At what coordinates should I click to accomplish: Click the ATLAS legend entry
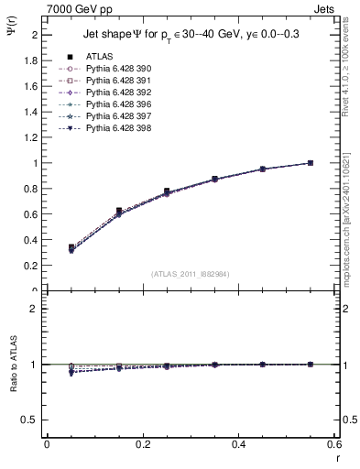pyautogui.click(x=99, y=57)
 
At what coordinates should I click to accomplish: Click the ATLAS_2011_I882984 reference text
pyautogui.click(x=190, y=273)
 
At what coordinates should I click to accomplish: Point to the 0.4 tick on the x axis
pyautogui.click(x=239, y=443)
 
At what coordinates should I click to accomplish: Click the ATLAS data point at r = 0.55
pyautogui.click(x=311, y=163)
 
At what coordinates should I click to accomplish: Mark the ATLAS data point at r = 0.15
pyautogui.click(x=118, y=211)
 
